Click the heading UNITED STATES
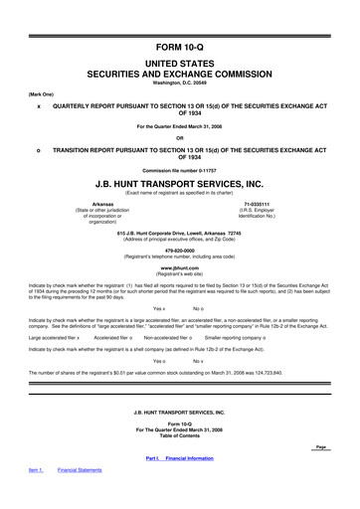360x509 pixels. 179,62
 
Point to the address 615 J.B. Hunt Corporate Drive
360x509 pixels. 179,231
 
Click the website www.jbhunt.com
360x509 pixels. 179,268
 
